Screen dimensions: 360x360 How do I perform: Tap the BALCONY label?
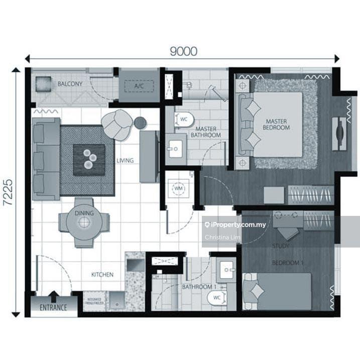70,84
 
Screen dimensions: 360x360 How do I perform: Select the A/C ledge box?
139,86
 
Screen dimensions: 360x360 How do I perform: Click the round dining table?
84,221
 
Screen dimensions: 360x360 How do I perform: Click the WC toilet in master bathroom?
183,119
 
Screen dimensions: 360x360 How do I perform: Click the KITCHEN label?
102,275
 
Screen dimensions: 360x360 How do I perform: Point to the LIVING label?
125,161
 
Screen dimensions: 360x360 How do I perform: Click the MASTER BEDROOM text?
277,124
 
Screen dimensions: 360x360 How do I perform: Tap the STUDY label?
280,246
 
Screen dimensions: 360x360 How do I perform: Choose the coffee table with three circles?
89,160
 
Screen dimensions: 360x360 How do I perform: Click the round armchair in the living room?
117,125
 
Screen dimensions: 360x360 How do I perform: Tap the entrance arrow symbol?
54,296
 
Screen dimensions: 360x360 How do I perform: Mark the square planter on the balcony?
43,83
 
